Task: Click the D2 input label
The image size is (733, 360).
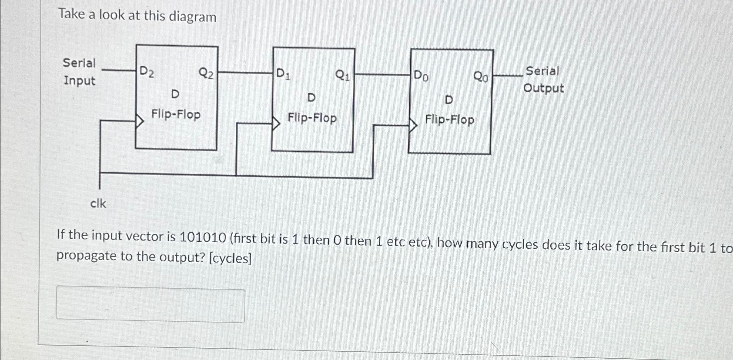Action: point(146,72)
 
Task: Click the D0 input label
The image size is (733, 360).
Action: point(421,76)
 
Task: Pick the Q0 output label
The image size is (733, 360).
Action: point(480,77)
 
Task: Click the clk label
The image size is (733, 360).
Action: point(98,203)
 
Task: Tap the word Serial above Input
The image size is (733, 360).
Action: point(79,63)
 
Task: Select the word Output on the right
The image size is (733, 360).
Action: point(543,88)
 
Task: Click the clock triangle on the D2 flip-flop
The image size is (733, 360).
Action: point(140,120)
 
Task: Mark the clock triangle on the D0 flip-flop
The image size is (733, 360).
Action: point(413,126)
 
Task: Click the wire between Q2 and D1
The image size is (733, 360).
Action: point(245,73)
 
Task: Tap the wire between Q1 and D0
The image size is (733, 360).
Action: point(383,75)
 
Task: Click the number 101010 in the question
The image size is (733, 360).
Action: point(203,237)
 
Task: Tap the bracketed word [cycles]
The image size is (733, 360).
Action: point(230,258)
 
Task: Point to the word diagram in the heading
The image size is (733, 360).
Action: point(192,17)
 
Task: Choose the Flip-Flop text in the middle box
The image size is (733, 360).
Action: point(312,118)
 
